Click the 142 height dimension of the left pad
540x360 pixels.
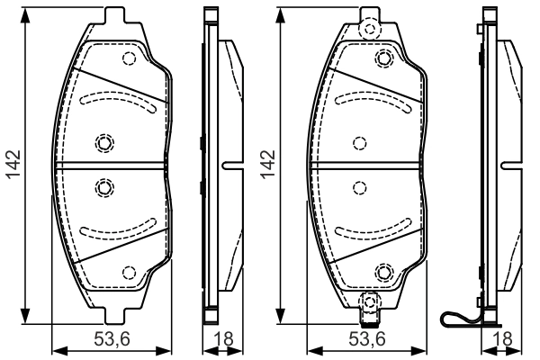point(14,164)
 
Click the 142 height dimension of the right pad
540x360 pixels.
point(268,164)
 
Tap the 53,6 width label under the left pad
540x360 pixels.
point(112,339)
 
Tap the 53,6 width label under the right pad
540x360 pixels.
point(367,339)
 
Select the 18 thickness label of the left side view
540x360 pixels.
point(223,339)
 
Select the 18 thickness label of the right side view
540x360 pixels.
point(502,339)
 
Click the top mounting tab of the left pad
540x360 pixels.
point(114,15)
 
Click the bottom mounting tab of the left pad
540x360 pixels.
point(114,316)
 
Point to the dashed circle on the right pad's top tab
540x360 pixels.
point(370,29)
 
